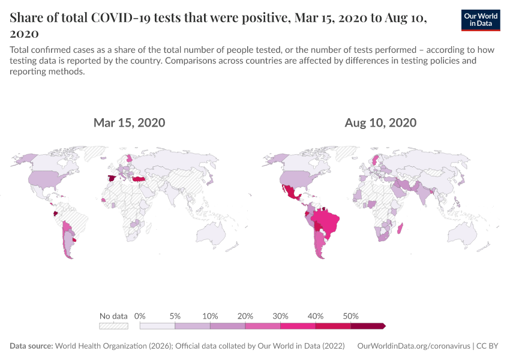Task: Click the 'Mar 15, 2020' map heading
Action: pos(129,123)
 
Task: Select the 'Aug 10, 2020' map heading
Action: pos(380,123)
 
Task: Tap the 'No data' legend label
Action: pos(113,316)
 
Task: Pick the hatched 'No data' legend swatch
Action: pos(113,326)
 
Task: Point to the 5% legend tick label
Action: pos(175,316)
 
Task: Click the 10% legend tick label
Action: pos(210,316)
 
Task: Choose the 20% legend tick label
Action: pos(245,316)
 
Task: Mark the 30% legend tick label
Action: pos(280,316)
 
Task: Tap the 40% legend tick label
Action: pos(316,316)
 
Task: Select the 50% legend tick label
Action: pos(350,316)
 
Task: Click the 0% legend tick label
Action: pos(140,316)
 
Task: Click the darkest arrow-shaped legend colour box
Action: pos(368,326)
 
